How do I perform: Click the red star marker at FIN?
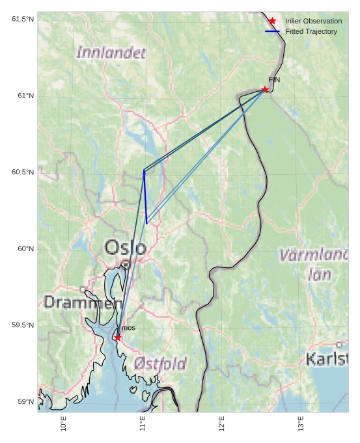pyautogui.click(x=265, y=89)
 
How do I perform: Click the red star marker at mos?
pyautogui.click(x=117, y=338)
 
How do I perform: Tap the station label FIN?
pyautogui.click(x=273, y=79)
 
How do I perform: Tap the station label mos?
pyautogui.click(x=128, y=328)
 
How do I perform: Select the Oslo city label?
pyautogui.click(x=126, y=247)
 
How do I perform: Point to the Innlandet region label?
pyautogui.click(x=111, y=53)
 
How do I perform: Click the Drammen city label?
pyautogui.click(x=83, y=302)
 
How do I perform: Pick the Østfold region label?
pyautogui.click(x=160, y=364)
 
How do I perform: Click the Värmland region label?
pyautogui.click(x=314, y=255)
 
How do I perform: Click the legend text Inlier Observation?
pyautogui.click(x=313, y=21)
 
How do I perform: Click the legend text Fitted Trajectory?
pyautogui.click(x=311, y=31)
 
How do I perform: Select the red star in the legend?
pyautogui.click(x=272, y=21)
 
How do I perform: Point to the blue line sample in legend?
pyautogui.click(x=272, y=31)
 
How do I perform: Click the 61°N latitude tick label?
pyautogui.click(x=23, y=96)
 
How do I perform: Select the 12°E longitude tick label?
pyautogui.click(x=221, y=423)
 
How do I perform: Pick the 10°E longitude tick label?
pyautogui.click(x=63, y=423)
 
